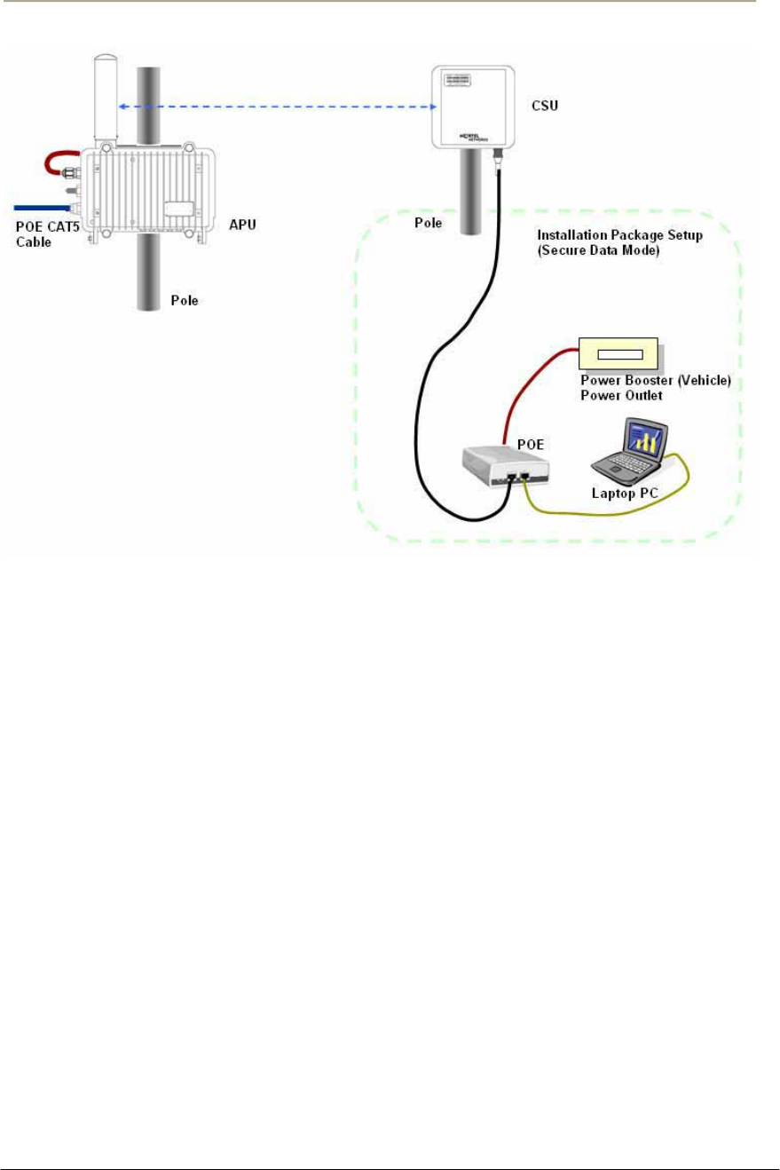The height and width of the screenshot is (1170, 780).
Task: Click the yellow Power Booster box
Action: point(618,355)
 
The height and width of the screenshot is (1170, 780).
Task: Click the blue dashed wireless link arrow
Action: point(276,107)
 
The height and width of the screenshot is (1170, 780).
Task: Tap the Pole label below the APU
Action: point(185,301)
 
